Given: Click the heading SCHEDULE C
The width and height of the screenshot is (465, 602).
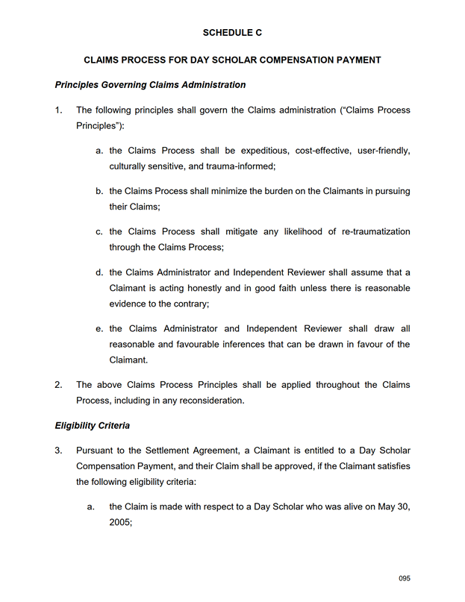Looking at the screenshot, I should pyautogui.click(x=232, y=33).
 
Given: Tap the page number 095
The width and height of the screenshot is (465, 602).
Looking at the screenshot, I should pyautogui.click(x=405, y=579).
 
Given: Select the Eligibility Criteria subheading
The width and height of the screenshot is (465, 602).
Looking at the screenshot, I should pyautogui.click(x=93, y=426).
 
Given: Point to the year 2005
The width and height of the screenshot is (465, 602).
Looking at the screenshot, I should pyautogui.click(x=120, y=523).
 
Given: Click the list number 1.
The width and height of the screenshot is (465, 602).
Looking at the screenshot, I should pyautogui.click(x=58, y=110).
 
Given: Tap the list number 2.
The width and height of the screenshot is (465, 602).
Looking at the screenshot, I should pyautogui.click(x=58, y=385).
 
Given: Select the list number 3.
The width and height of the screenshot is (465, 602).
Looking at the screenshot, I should pyautogui.click(x=58, y=451).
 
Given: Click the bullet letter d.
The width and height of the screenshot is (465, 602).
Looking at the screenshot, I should pyautogui.click(x=99, y=272).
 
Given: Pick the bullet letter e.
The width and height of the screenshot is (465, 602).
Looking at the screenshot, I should pyautogui.click(x=99, y=328).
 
